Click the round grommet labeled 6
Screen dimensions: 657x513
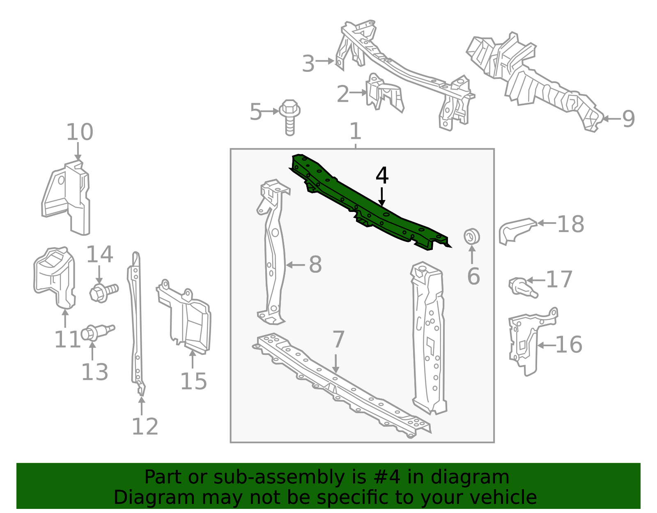click(x=472, y=237)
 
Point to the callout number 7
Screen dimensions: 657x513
click(x=338, y=339)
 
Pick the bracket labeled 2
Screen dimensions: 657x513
click(x=385, y=92)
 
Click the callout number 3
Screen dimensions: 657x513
click(x=308, y=64)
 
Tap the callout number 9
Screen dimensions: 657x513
click(x=629, y=119)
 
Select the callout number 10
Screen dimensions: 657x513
click(x=80, y=132)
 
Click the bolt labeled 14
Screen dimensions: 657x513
click(x=104, y=292)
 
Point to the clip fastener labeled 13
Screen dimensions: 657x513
click(x=97, y=333)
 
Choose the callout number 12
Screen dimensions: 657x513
click(x=145, y=427)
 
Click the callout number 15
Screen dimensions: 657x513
click(x=193, y=381)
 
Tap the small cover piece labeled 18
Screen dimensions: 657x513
click(x=517, y=231)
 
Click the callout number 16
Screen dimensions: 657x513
click(x=569, y=345)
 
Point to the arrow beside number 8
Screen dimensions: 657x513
click(x=295, y=265)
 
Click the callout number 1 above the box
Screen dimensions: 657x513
click(x=355, y=131)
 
